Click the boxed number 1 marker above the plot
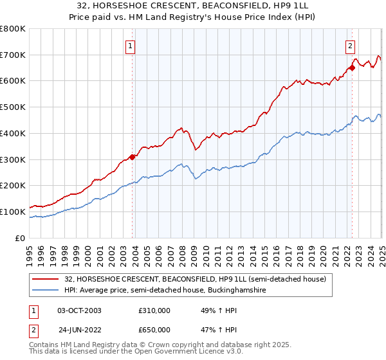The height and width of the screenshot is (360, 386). [131, 46]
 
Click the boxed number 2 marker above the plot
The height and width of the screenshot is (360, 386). [350, 46]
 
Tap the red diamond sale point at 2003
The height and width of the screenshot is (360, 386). [132, 156]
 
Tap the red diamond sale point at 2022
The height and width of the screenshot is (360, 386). [352, 67]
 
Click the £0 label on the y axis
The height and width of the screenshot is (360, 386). [21, 238]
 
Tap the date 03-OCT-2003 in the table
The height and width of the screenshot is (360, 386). [79, 310]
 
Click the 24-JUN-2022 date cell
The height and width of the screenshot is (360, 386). [79, 330]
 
